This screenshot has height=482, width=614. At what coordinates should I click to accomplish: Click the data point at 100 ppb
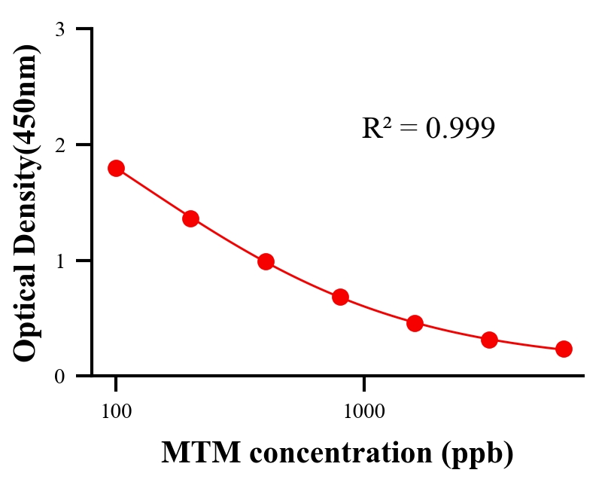click(116, 168)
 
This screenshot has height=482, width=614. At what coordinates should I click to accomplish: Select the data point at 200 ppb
click(190, 218)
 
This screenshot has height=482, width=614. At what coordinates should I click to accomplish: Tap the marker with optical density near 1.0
click(266, 262)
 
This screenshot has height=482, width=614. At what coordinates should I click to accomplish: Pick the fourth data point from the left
click(340, 297)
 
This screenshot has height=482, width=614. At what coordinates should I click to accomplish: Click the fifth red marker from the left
click(415, 323)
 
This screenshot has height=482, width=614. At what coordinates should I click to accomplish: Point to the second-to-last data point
click(489, 340)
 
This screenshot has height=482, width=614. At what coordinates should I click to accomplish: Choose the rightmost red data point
click(564, 349)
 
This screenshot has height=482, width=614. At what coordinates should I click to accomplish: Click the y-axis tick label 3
click(59, 29)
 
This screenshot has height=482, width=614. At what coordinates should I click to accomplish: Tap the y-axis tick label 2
click(59, 145)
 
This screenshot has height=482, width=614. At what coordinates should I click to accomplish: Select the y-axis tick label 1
click(59, 261)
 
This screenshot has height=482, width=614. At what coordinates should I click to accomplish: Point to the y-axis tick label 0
click(59, 376)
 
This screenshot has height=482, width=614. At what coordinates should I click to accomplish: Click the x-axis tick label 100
click(116, 411)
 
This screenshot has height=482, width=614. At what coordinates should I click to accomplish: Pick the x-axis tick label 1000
click(364, 411)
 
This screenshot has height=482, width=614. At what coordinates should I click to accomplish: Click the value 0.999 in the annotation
click(460, 128)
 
